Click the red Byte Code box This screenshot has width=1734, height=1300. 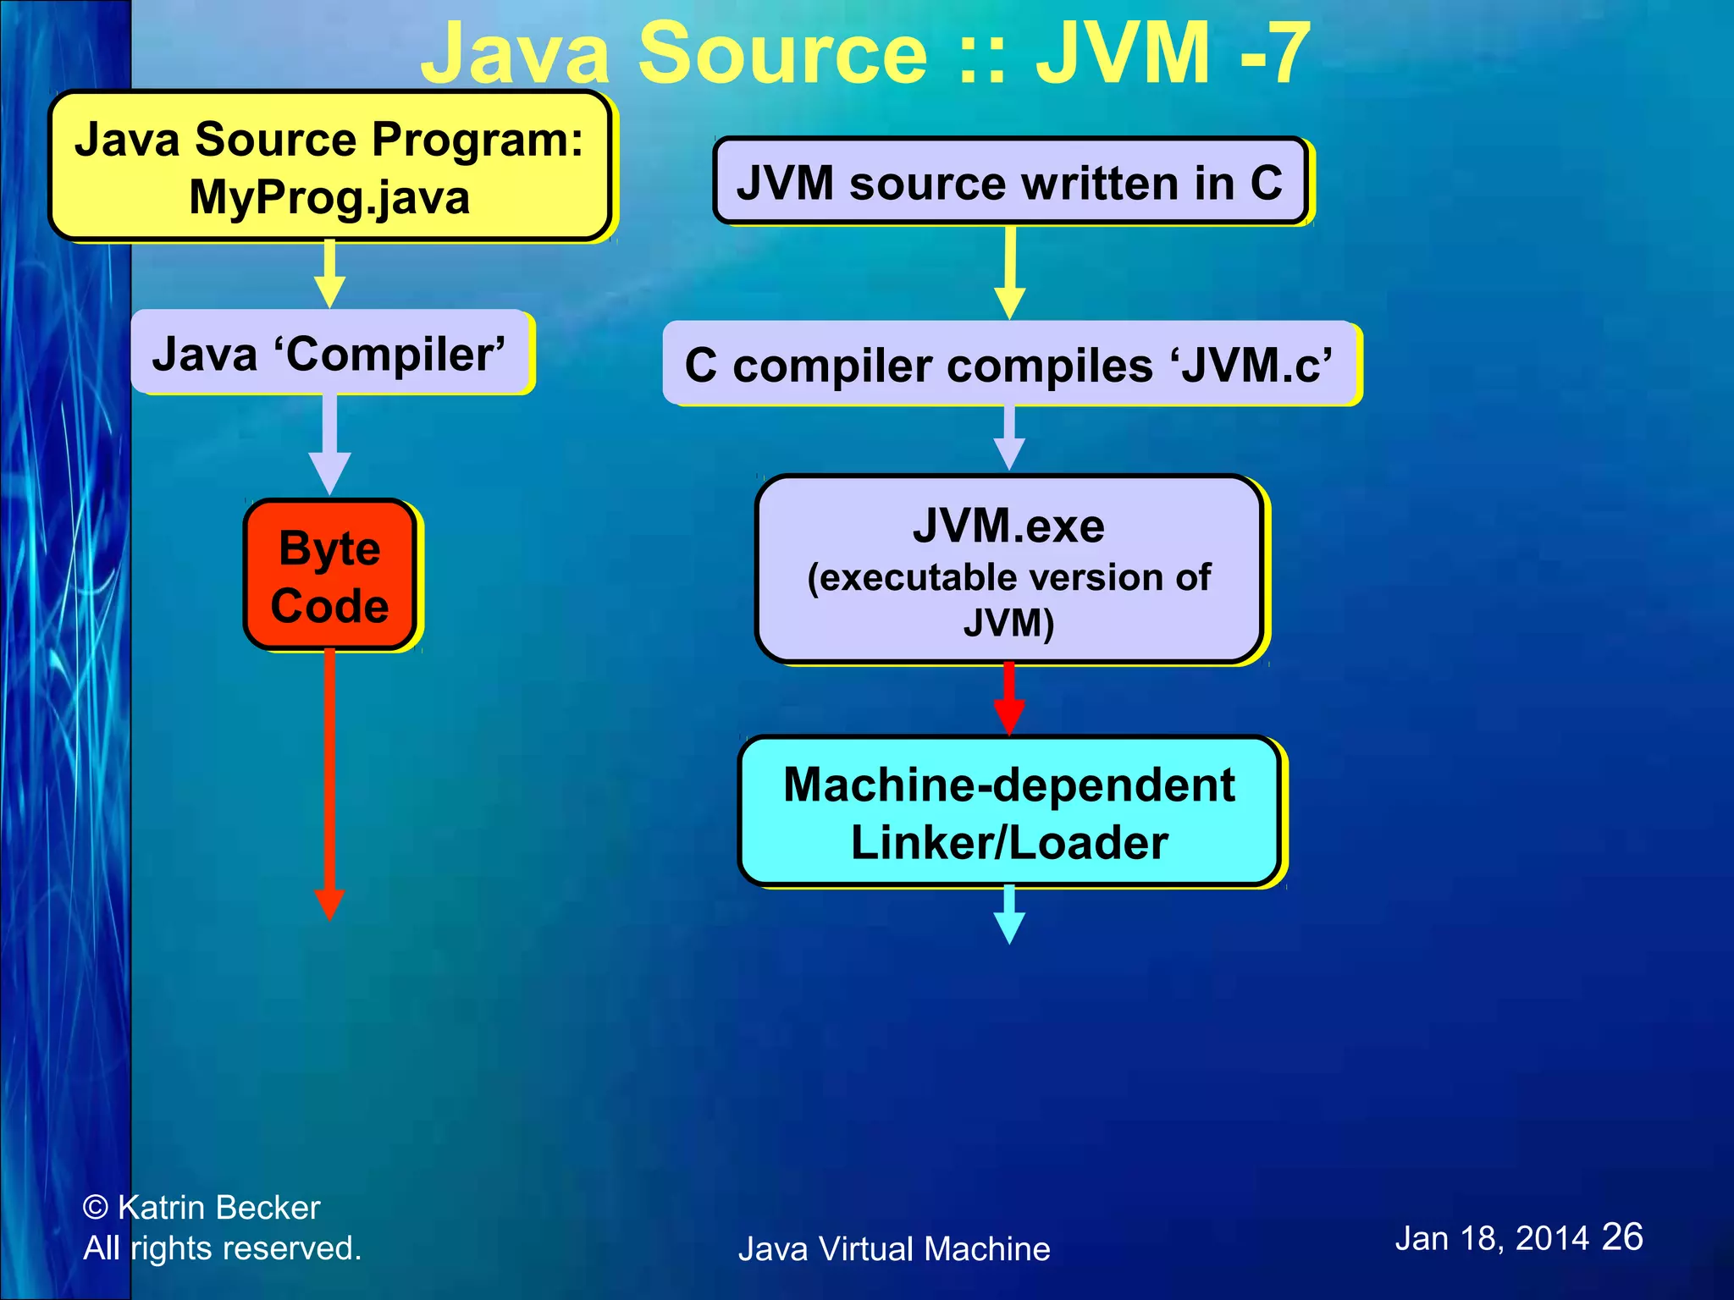coord(329,576)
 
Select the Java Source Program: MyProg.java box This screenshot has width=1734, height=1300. coord(329,167)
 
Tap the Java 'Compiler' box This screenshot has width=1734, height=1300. coord(329,353)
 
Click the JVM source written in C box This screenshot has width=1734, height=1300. coord(1009,182)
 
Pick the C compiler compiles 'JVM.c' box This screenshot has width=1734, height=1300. coord(1009,365)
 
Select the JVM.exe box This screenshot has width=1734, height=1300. coord(1009,569)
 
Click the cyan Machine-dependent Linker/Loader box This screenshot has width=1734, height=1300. coord(1009,812)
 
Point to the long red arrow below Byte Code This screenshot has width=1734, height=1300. coord(329,779)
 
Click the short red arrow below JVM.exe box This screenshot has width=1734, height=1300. coord(1009,698)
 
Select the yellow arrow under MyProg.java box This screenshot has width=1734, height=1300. coord(329,275)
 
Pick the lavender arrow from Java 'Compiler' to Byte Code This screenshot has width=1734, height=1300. coord(329,444)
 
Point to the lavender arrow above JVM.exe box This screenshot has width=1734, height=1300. coord(1009,438)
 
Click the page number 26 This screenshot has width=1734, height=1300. coord(1621,1237)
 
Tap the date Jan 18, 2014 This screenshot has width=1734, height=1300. coord(1492,1238)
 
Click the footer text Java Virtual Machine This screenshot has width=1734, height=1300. coord(894,1249)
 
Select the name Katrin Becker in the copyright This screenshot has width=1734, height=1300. coord(218,1207)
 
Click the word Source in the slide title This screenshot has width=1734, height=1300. coord(783,54)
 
